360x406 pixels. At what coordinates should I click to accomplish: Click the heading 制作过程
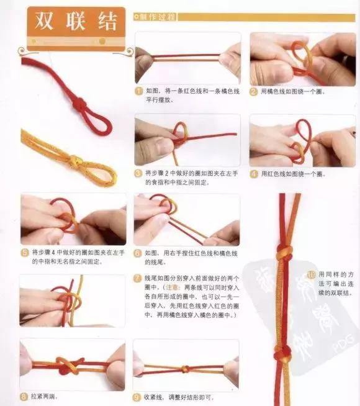158,16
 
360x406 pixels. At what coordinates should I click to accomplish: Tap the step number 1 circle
140,91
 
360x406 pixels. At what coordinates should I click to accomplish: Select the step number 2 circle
254,91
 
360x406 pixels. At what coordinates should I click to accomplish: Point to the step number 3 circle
138,173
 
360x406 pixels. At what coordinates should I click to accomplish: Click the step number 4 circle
254,174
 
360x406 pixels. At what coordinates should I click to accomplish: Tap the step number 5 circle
24,253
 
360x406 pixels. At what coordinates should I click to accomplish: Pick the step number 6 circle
138,253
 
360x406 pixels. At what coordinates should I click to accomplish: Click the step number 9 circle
137,395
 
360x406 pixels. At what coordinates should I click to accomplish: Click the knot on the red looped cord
79,104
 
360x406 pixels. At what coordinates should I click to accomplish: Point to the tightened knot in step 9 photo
184,369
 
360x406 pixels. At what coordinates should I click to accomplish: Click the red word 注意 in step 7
173,288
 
